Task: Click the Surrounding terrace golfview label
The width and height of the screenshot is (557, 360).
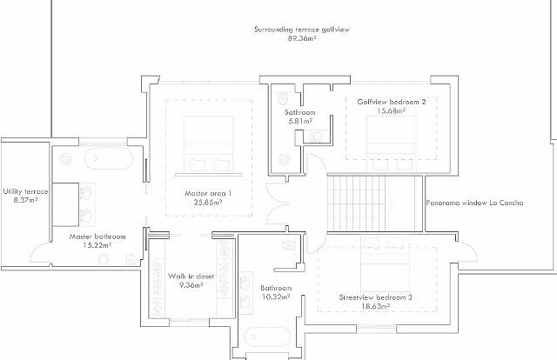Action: (x=302, y=30)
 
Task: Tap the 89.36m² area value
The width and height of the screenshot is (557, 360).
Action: (x=302, y=38)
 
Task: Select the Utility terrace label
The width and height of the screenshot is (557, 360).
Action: (x=25, y=191)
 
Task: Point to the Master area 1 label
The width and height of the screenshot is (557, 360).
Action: (x=208, y=194)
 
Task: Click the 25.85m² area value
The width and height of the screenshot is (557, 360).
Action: (x=208, y=203)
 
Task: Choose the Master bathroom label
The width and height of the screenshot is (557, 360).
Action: (x=97, y=237)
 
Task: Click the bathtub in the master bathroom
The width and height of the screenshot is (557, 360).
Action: (x=109, y=158)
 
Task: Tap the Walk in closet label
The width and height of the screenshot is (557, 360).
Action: (x=191, y=277)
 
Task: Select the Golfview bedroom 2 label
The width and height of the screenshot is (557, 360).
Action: (x=392, y=102)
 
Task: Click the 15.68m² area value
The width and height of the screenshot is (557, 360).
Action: (x=392, y=110)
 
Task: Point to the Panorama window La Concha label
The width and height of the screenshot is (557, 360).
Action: (x=474, y=203)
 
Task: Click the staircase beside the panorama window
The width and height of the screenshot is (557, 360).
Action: (x=375, y=203)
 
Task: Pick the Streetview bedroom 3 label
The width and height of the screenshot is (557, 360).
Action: (x=375, y=297)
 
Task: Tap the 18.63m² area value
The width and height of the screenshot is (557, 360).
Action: (x=375, y=306)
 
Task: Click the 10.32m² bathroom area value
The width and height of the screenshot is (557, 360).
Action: (x=276, y=297)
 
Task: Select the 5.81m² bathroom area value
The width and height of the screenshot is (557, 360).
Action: (x=300, y=121)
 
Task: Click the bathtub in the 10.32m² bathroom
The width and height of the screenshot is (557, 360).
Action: (x=267, y=337)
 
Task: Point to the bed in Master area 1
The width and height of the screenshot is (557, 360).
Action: (x=209, y=145)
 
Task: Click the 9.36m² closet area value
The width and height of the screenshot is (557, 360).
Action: (x=191, y=284)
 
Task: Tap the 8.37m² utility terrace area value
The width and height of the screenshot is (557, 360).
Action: (x=25, y=200)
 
